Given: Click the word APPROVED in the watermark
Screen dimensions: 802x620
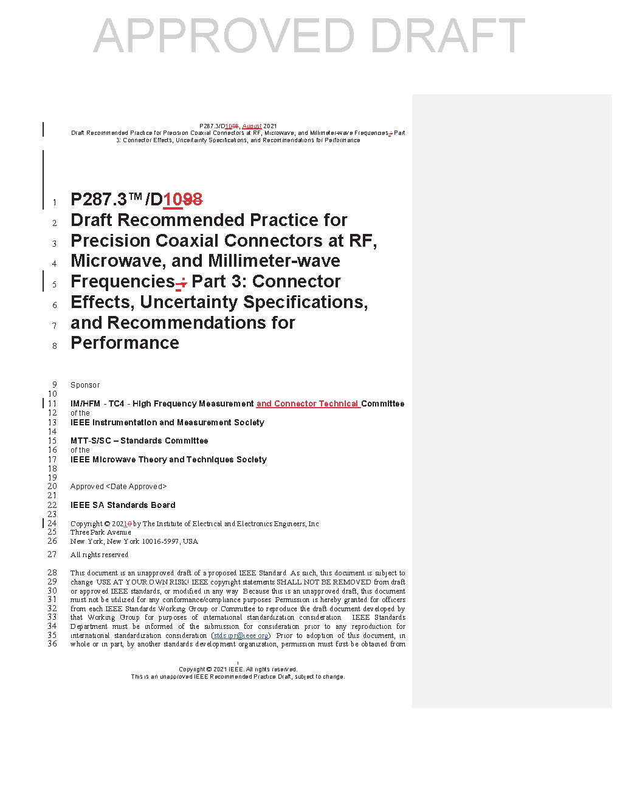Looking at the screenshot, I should pyautogui.click(x=224, y=36).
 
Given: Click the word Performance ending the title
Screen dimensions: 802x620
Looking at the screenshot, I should pyautogui.click(x=125, y=343).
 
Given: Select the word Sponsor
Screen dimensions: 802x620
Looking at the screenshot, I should pyautogui.click(x=85, y=385).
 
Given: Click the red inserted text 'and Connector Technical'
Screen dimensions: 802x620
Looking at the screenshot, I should pyautogui.click(x=308, y=403).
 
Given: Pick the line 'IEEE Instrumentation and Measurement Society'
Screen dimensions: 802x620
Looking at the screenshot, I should pyautogui.click(x=167, y=422).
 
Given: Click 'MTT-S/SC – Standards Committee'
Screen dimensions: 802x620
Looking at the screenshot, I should pyautogui.click(x=139, y=440).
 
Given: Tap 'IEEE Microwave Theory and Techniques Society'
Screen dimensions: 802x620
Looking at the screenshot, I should pyautogui.click(x=168, y=459).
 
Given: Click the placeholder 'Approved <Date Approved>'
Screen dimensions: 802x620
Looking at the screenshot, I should pyautogui.click(x=119, y=487).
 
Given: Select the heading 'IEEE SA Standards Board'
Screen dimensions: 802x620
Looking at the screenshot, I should pyautogui.click(x=123, y=505).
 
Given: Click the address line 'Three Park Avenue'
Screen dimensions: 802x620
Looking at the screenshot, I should pyautogui.click(x=100, y=532).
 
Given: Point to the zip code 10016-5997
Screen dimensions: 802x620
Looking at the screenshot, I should pyautogui.click(x=160, y=541).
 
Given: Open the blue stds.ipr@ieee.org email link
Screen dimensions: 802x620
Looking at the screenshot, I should pyautogui.click(x=241, y=636).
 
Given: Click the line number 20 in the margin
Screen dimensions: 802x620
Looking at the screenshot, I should pyautogui.click(x=52, y=487).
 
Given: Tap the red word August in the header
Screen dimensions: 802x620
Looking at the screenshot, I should pyautogui.click(x=252, y=126).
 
